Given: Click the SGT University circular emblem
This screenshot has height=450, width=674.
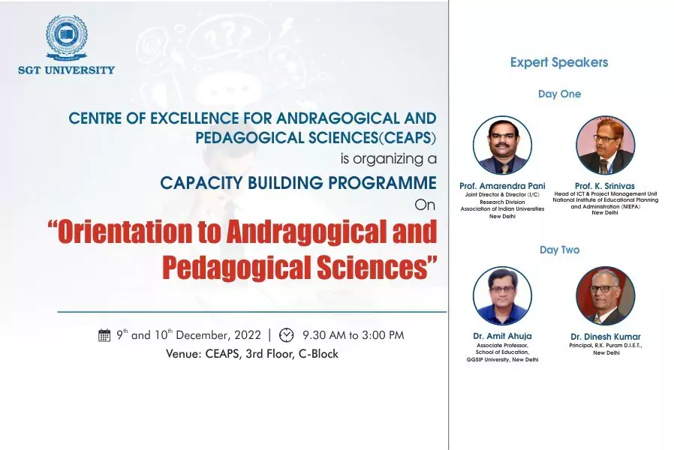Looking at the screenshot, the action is click(x=67, y=37).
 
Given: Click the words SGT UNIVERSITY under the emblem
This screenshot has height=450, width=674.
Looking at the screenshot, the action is click(x=67, y=70).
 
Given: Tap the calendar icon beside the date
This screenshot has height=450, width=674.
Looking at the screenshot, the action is click(x=104, y=335).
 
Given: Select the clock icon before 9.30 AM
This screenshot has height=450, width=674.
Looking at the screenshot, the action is click(x=286, y=335).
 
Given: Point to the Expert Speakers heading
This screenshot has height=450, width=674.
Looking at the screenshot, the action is click(x=559, y=63).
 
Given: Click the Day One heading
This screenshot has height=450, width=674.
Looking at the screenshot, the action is click(x=559, y=94).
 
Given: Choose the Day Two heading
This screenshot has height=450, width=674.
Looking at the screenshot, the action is click(x=559, y=250).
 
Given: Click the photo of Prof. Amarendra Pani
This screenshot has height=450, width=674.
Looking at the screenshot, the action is click(x=502, y=145).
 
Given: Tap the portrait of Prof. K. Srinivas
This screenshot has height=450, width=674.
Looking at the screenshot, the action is click(x=605, y=145).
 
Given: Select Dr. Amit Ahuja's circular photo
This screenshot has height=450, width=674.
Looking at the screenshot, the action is click(x=502, y=295).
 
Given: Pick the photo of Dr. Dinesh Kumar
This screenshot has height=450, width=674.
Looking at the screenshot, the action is click(x=605, y=295).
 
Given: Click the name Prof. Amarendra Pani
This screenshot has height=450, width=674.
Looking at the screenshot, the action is click(x=502, y=186).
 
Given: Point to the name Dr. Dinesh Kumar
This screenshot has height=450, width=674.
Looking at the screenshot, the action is click(x=605, y=337).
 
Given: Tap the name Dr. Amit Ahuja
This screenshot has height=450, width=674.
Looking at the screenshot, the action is click(x=502, y=336).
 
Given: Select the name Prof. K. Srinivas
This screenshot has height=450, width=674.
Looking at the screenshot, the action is click(x=605, y=186).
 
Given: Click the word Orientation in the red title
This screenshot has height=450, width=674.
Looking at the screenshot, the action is click(x=125, y=232).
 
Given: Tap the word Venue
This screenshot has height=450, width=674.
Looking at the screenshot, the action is click(x=184, y=354).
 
